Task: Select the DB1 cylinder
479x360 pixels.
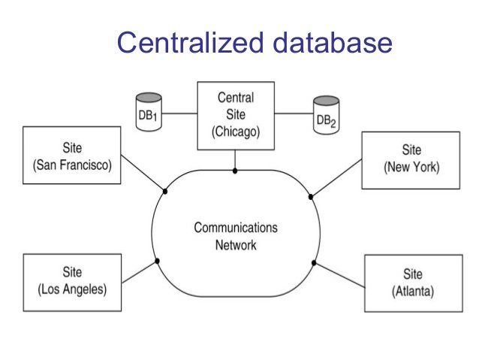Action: (x=148, y=113)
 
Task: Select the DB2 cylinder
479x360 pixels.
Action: (x=325, y=115)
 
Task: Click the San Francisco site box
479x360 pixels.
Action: (x=72, y=156)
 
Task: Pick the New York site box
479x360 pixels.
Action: (x=411, y=159)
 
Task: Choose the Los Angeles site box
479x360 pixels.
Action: (x=72, y=282)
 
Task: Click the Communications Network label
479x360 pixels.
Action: (x=236, y=236)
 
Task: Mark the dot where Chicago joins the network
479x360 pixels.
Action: (x=235, y=171)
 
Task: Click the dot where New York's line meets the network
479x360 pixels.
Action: (x=311, y=197)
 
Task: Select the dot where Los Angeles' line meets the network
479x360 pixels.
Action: (x=157, y=261)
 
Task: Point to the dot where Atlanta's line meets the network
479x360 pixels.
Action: (x=315, y=262)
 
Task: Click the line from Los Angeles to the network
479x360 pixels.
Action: (x=139, y=271)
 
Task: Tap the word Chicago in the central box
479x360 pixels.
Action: (x=235, y=132)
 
